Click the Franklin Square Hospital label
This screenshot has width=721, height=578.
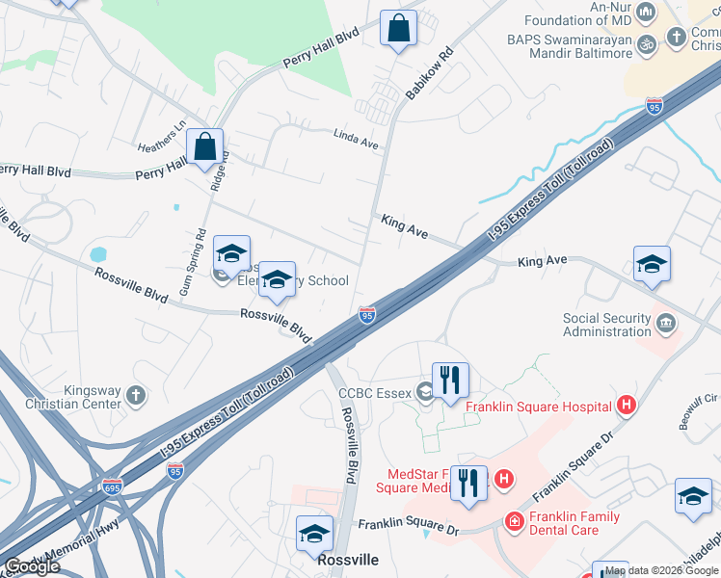pyautogui.click(x=538, y=407)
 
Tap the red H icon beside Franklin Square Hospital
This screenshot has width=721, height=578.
pyautogui.click(x=627, y=406)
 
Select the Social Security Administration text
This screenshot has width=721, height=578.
pyautogui.click(x=607, y=326)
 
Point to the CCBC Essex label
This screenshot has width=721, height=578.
pyautogui.click(x=374, y=391)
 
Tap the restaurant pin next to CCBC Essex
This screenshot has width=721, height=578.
pyautogui.click(x=450, y=380)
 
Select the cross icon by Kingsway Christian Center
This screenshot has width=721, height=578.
pyautogui.click(x=136, y=396)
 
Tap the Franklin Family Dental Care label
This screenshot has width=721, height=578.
pyautogui.click(x=574, y=523)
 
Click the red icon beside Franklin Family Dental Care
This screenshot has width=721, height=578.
pyautogui.click(x=514, y=522)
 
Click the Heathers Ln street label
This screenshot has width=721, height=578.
pyautogui.click(x=161, y=136)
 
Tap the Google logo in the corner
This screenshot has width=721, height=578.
pyautogui.click(x=32, y=566)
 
